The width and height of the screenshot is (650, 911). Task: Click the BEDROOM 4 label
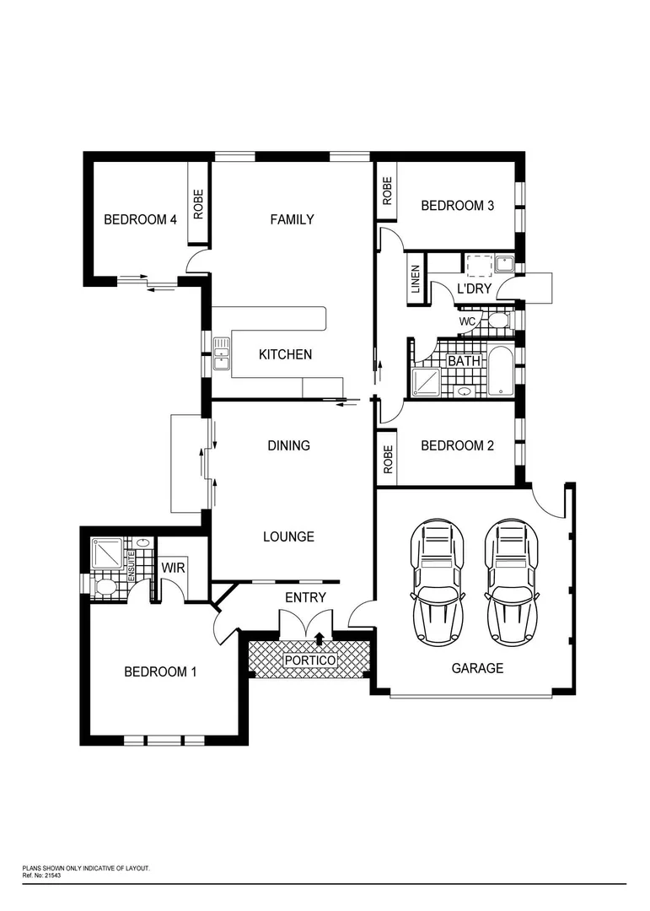[x=140, y=219]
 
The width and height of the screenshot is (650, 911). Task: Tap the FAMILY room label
[x=292, y=219]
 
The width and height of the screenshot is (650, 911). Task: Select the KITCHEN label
[x=285, y=354]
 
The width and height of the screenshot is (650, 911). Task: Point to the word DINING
[x=288, y=445]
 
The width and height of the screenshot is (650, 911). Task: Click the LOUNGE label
[x=288, y=536]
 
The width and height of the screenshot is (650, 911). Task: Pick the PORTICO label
[x=309, y=660]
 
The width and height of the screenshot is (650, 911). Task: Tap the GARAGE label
[x=477, y=668]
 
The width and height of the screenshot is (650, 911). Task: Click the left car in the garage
[x=436, y=581]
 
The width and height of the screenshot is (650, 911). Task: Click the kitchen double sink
[x=222, y=353]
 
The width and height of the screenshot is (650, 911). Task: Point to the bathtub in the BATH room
[x=501, y=371]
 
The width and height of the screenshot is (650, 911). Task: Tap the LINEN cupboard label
[x=416, y=279]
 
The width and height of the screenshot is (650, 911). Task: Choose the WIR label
[x=173, y=568]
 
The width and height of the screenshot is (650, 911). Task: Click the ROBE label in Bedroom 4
[x=199, y=203]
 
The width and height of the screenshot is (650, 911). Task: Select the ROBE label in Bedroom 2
[x=388, y=458]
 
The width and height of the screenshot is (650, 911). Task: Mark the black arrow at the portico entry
[x=319, y=639]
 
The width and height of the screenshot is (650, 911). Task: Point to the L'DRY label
[x=473, y=288]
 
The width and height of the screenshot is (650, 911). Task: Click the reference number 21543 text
[x=52, y=875]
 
